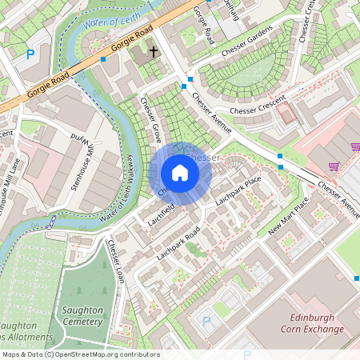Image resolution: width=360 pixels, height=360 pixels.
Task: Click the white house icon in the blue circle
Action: coord(180,173)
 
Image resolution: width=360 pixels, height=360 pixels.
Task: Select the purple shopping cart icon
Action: coord(334,166)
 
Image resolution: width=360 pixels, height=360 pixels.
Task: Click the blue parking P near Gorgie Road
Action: coord(30,54)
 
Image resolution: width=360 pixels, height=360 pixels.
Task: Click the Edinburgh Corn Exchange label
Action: coord(312,323)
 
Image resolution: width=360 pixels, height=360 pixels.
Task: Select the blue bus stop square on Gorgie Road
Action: coord(104,59)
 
